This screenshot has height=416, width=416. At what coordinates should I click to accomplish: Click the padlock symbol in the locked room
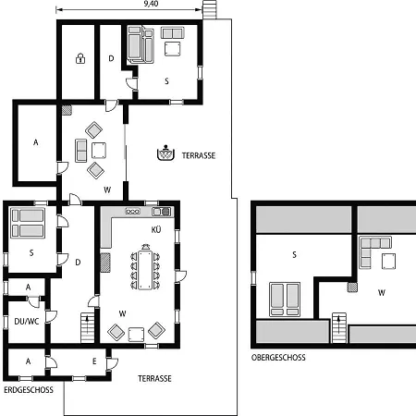pos(80,58)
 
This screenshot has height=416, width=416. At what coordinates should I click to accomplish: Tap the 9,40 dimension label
pos(151,4)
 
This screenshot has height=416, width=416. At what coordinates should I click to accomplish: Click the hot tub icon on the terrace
pos(165,153)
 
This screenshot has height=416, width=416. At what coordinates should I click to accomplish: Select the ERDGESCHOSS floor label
pos(29,390)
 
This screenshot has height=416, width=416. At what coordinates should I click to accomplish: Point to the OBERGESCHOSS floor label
pos(278,358)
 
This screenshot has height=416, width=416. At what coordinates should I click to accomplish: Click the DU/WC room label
pos(27,322)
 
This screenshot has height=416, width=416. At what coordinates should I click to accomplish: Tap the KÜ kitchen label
pos(156,229)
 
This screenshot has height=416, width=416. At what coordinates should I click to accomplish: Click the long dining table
pos(145,270)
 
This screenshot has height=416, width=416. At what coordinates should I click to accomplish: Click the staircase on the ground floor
pos(88,327)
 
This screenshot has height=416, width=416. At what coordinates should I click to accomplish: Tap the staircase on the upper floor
pos(339,327)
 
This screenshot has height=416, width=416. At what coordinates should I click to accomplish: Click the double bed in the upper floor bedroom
pos(285,300)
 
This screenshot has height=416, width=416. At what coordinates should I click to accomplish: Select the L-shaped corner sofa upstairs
pos(371,249)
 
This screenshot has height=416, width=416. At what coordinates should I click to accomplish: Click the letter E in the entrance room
pos(94,361)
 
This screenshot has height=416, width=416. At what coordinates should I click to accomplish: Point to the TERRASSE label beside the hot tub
pos(199,155)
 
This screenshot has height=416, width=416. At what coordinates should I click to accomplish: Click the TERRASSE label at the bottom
pos(154,378)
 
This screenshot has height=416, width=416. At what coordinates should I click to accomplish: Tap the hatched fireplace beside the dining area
pos(105,263)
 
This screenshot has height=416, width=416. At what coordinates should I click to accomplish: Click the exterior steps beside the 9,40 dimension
pos(210,9)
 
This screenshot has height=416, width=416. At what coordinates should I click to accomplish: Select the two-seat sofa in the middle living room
pos(81,151)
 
